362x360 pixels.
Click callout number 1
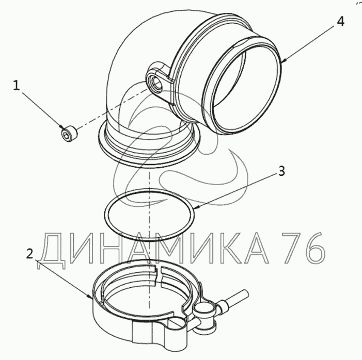(16, 85)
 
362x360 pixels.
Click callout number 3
(282, 171)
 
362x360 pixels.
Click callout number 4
(340, 22)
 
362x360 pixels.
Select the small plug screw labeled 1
(70, 134)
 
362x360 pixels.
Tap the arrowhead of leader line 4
(284, 61)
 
